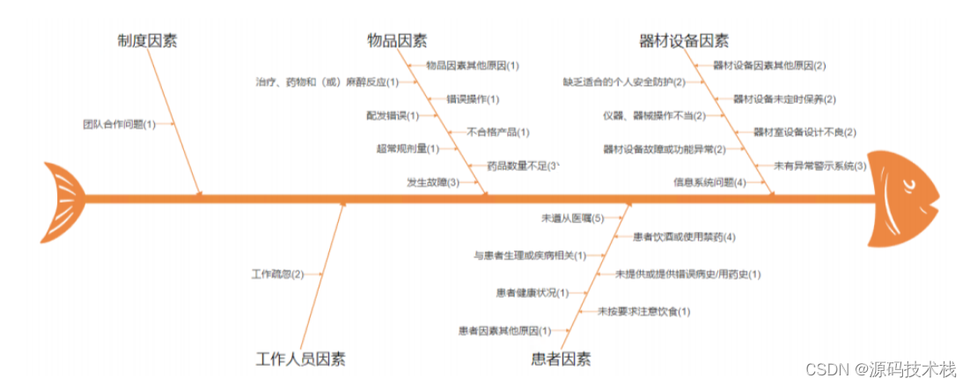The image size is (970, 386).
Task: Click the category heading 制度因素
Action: [147, 41]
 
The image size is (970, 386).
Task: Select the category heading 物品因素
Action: [397, 41]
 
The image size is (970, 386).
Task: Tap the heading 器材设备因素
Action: [684, 41]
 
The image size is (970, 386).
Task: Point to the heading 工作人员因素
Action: [300, 359]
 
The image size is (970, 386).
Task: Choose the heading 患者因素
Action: [561, 359]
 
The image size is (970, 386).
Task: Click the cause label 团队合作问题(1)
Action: [119, 124]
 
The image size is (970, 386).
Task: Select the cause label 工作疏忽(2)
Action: [277, 273]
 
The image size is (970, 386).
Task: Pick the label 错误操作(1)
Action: [473, 100]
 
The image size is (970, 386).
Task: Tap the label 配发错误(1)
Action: [393, 115]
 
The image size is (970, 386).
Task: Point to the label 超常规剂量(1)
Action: [408, 149]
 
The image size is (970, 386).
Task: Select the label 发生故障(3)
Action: [433, 182]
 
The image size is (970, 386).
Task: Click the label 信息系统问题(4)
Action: [709, 182]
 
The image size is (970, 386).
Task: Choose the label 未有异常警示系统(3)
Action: [820, 166]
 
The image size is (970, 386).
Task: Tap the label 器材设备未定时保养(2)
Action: [785, 100]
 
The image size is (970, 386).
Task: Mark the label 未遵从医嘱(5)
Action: [572, 218]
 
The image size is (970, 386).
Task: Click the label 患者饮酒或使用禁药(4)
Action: [684, 236]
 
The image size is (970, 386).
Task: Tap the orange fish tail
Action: [63, 195]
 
